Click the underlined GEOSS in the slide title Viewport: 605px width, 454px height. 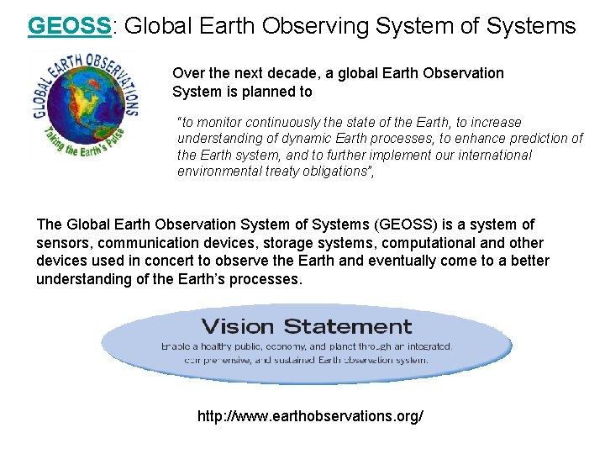point(70,26)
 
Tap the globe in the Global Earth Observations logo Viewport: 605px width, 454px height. point(85,106)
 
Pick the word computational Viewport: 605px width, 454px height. point(431,243)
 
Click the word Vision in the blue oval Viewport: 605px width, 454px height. point(239,326)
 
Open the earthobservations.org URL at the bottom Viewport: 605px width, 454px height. point(310,416)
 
